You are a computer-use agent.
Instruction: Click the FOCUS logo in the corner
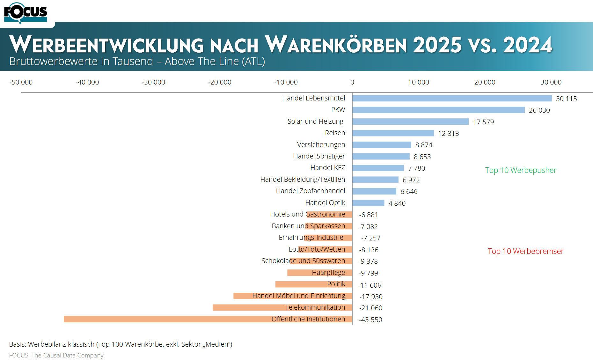[25, 13]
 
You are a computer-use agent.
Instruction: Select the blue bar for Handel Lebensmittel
[452, 99]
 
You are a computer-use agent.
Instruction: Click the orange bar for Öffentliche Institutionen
[166, 319]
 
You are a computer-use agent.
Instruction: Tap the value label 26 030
[539, 110]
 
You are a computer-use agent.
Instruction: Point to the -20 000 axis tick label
[220, 82]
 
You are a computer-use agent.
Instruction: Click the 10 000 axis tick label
[418, 82]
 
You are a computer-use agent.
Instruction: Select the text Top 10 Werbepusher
[521, 170]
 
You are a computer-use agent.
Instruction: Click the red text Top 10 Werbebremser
[525, 251]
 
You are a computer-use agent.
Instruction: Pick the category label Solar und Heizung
[315, 121]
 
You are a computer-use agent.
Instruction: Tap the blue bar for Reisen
[393, 133]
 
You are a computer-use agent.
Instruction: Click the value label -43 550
[370, 320]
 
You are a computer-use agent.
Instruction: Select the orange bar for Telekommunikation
[249, 307]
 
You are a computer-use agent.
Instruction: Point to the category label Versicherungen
[321, 145]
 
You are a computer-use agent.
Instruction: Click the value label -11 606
[370, 285]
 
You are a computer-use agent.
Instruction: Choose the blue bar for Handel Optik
[368, 203]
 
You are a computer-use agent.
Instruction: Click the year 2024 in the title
[527, 45]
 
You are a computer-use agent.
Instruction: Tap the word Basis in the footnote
[17, 344]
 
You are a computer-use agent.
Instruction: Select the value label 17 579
[483, 122]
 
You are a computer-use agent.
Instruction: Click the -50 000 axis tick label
[21, 82]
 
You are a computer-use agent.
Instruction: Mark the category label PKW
[338, 110]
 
